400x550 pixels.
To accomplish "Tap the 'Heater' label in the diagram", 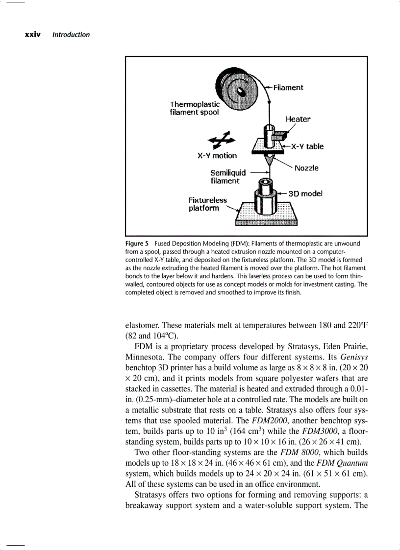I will [298, 119].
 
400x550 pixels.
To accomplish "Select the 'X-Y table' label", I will [307, 146].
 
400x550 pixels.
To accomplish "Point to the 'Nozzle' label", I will [306, 168].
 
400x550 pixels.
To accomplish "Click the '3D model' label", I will [305, 193].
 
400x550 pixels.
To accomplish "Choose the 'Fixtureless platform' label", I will [207, 204].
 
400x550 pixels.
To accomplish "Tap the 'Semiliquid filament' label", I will [228, 177].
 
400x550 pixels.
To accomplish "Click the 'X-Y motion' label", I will [217, 156].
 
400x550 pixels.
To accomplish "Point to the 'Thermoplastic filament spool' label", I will [195, 108].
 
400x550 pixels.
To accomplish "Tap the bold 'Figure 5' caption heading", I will [137, 243].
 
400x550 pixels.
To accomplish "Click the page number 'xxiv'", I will [32, 35].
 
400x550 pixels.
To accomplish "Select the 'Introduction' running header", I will [71, 35].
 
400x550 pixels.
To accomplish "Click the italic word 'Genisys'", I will [354, 357].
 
